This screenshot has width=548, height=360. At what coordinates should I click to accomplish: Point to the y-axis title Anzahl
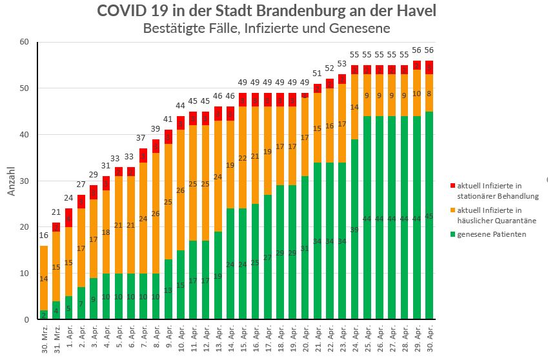click(11, 182)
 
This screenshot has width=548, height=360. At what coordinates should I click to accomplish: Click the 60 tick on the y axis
click(25, 42)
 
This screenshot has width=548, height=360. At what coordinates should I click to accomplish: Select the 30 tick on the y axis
click(25, 181)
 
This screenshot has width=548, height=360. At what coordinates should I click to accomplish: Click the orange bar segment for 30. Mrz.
click(44, 278)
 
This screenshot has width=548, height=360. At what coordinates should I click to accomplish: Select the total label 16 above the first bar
click(44, 236)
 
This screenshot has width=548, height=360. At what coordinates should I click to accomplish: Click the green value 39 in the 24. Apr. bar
click(354, 230)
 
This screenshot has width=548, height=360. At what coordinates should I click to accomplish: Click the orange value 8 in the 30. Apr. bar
click(429, 94)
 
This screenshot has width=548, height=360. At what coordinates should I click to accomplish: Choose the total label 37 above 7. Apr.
click(143, 139)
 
